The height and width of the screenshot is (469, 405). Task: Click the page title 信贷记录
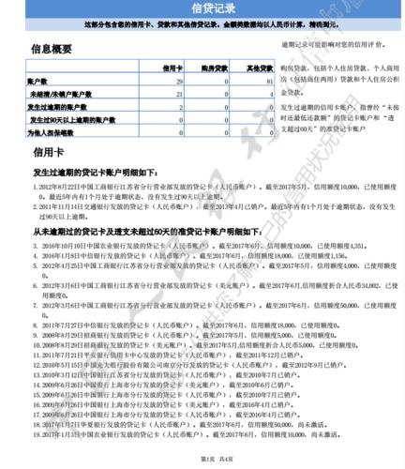point(202,9)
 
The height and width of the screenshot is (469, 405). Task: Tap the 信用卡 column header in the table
point(172,68)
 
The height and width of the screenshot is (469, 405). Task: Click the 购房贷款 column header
point(217,68)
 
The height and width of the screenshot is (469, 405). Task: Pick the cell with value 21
point(179,96)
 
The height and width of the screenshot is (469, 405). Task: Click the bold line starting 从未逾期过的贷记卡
point(131,229)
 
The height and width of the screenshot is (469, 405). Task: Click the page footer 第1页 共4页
point(203,457)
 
